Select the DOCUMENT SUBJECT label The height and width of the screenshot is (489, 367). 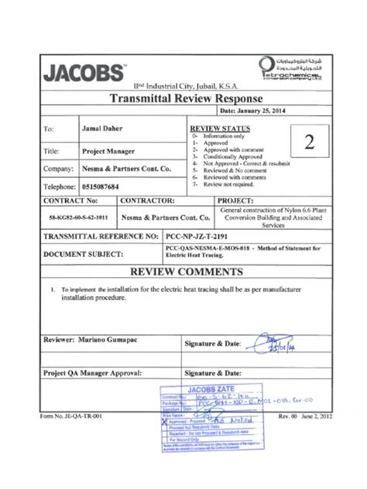point(84,254)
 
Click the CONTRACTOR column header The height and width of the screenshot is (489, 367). point(132,200)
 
